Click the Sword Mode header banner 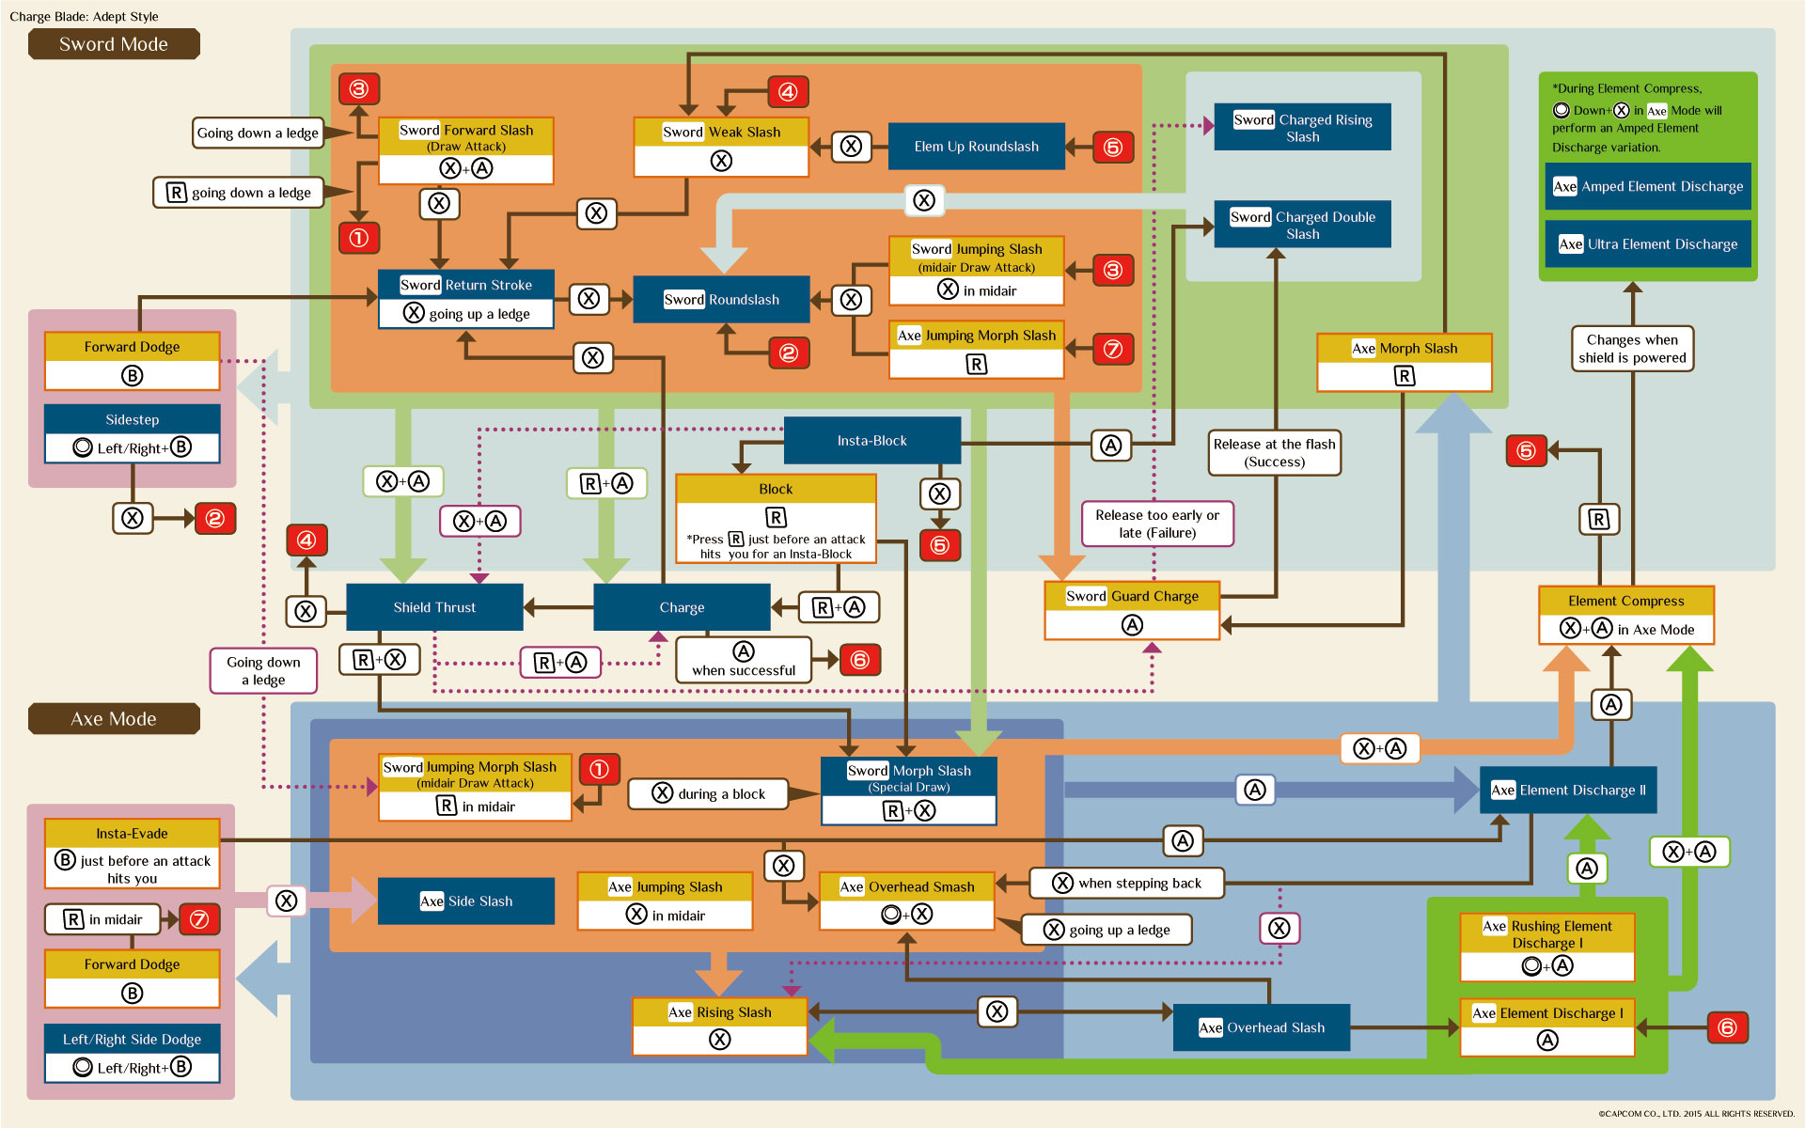point(114,44)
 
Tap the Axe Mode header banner point(114,719)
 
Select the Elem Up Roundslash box point(976,147)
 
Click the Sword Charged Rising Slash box point(1302,128)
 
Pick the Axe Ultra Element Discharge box point(1648,244)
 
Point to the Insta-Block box point(871,441)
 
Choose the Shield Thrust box point(434,607)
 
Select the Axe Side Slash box point(466,901)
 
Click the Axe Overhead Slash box point(1262,1027)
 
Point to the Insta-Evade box point(132,854)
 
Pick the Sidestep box point(132,433)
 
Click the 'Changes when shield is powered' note point(1632,349)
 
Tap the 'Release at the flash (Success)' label point(1274,452)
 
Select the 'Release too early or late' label point(1157,524)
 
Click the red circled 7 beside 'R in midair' point(199,919)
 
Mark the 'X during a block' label point(710,794)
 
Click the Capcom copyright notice point(1696,1114)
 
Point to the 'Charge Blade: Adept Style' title point(84,16)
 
